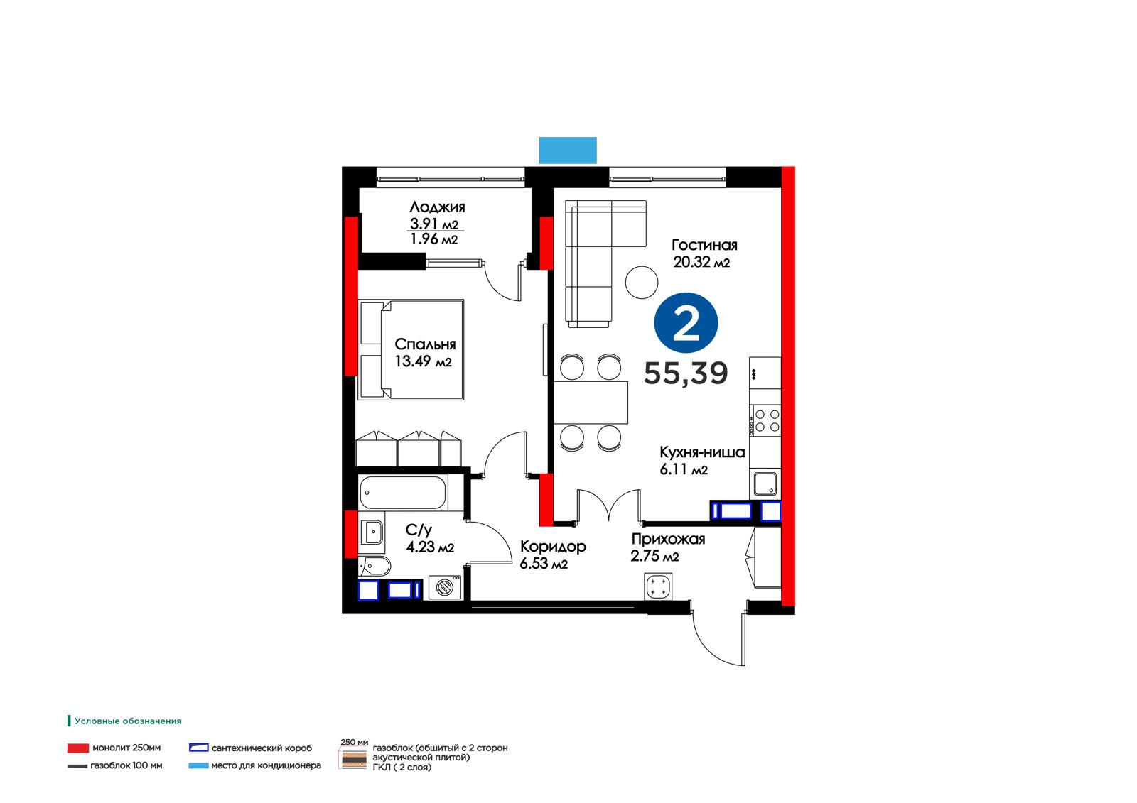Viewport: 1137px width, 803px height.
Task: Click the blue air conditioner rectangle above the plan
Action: click(x=568, y=150)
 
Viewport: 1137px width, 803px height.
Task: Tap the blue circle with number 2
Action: click(x=686, y=322)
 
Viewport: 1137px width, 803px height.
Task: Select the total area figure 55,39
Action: click(x=686, y=373)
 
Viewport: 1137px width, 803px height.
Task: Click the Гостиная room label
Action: click(x=704, y=245)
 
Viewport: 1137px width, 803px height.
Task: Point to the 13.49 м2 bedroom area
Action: click(x=424, y=361)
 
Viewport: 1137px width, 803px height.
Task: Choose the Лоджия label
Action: click(x=437, y=207)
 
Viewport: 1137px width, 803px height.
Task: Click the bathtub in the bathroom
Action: click(x=403, y=492)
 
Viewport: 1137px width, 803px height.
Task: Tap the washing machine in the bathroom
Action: click(x=445, y=587)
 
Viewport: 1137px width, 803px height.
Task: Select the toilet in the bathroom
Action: click(x=374, y=565)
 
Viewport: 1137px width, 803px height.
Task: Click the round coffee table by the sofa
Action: click(x=642, y=283)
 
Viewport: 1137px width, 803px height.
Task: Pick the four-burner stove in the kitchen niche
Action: click(x=765, y=420)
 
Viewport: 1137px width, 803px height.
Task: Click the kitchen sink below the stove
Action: click(x=765, y=484)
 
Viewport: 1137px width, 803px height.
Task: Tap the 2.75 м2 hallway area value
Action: click(x=654, y=556)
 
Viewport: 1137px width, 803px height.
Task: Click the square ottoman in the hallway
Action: click(x=658, y=586)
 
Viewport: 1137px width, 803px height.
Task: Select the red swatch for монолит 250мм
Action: click(x=78, y=748)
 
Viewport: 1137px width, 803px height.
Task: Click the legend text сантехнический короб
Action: click(x=262, y=748)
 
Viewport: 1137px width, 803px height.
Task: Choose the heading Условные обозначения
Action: click(x=128, y=721)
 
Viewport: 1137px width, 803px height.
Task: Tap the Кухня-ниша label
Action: click(x=702, y=452)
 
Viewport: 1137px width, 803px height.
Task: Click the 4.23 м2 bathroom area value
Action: click(x=430, y=547)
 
